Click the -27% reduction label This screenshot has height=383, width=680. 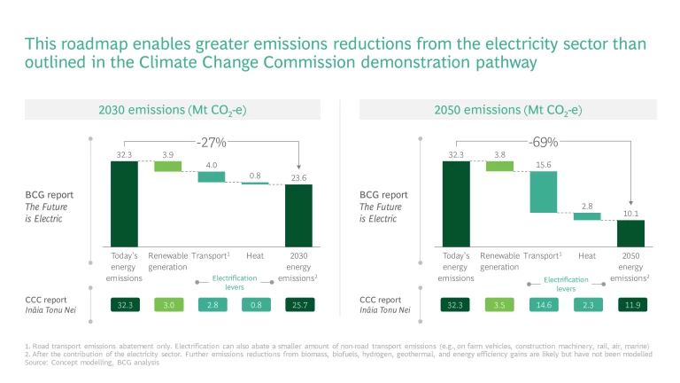[x=212, y=142]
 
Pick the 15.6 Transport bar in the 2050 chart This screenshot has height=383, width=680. [x=544, y=191]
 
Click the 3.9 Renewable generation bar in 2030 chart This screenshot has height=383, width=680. [x=167, y=166]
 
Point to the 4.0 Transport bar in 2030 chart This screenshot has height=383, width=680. [x=212, y=176]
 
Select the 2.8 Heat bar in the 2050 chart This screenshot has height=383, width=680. [x=587, y=215]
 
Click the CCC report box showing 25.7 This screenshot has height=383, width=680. [x=298, y=305]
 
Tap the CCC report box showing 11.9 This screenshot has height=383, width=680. [x=630, y=305]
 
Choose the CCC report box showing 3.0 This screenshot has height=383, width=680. [x=167, y=305]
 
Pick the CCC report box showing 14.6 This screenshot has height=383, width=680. [x=544, y=305]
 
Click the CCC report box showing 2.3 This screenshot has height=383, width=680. [x=587, y=305]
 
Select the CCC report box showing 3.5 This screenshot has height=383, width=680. [x=500, y=305]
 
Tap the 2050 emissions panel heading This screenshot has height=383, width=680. [x=507, y=111]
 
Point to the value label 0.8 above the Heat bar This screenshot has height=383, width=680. [x=255, y=175]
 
